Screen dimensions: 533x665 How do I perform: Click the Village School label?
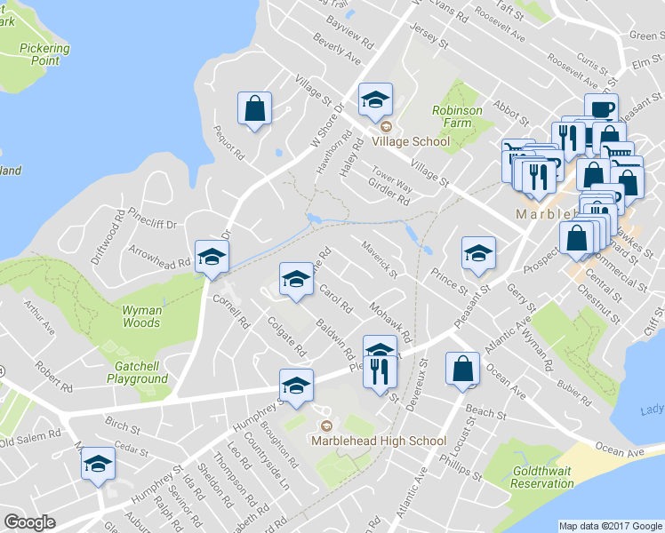pos(411,141)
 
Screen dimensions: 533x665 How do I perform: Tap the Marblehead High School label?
pos(379,441)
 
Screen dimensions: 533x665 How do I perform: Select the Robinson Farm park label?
pos(458,117)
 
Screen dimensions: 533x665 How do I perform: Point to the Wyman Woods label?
pos(141,317)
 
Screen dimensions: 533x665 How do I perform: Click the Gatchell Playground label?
pos(140,372)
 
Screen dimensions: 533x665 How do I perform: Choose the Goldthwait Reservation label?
pos(542,477)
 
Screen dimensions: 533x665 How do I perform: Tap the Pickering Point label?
pos(39,54)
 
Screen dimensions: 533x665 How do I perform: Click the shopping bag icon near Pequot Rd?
pos(255,109)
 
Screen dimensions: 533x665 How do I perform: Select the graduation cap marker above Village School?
pos(375,100)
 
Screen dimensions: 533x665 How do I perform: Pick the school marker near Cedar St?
pos(98,464)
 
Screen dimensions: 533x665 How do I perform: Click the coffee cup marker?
pos(602,109)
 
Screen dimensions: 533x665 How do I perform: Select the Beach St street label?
pos(485,413)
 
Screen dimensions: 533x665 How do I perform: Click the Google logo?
pos(29,522)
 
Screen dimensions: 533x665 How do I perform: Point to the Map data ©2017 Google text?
pos(610,526)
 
